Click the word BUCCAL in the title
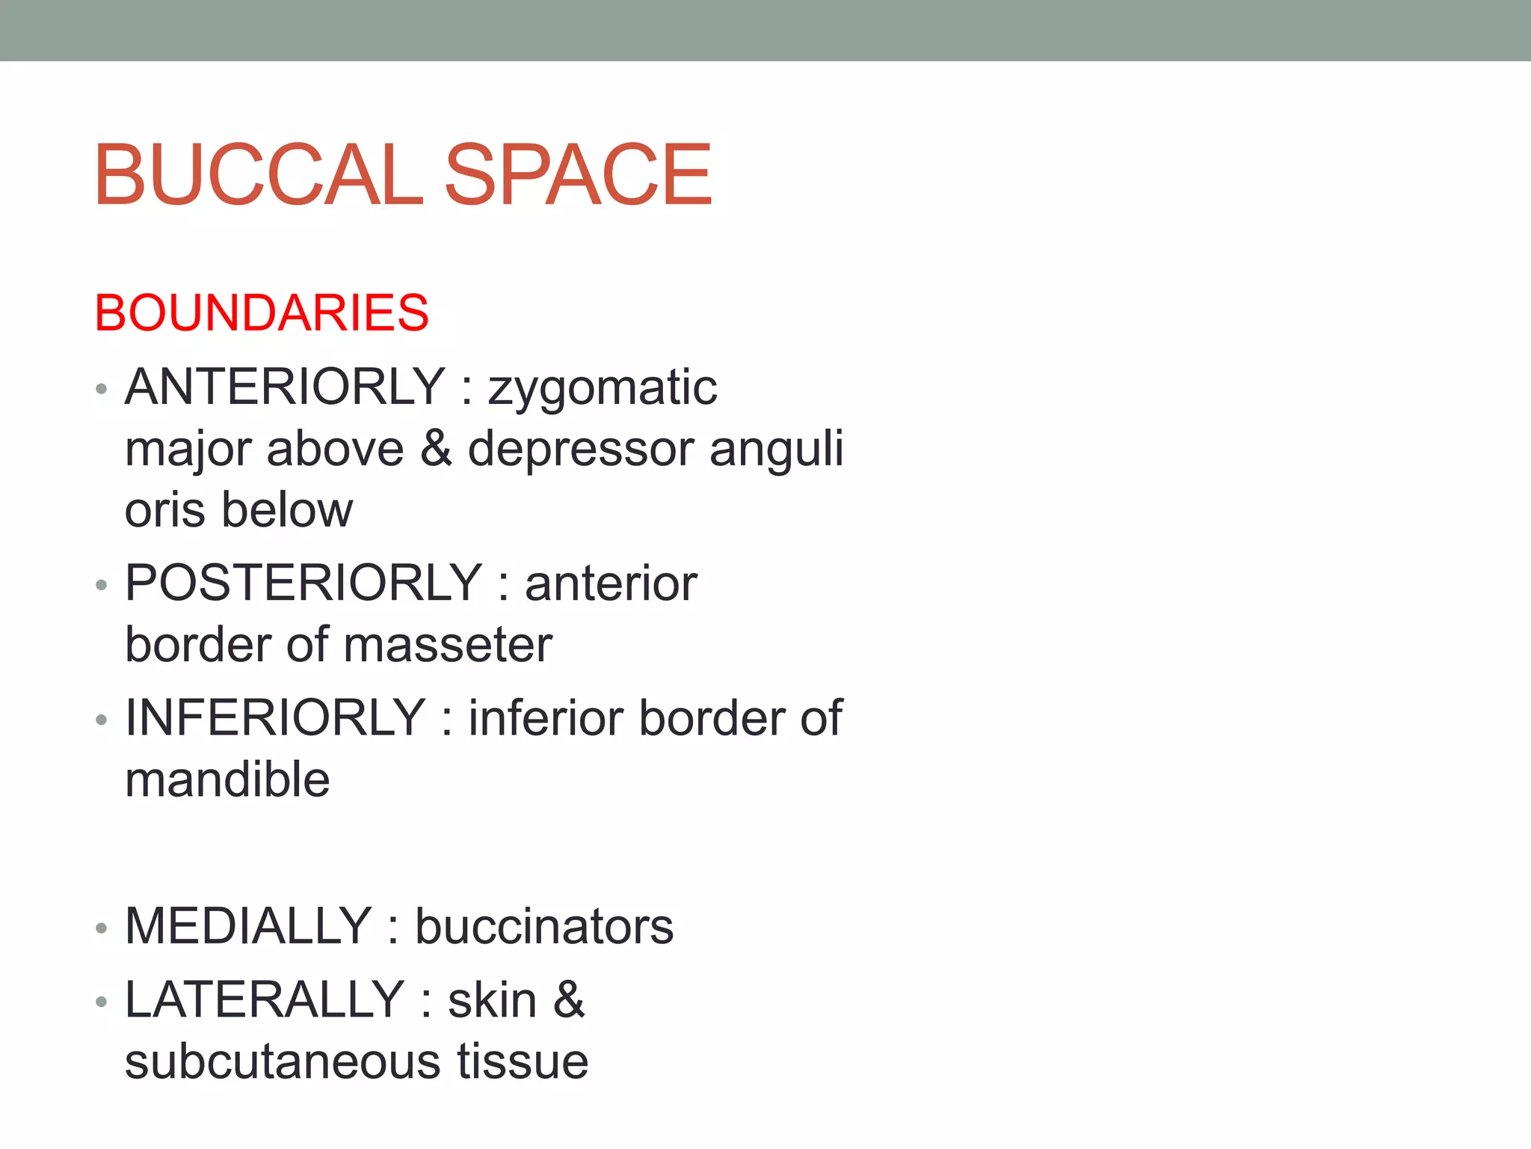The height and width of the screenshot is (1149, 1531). coord(258,176)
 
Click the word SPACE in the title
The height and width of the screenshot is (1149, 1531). coord(578,176)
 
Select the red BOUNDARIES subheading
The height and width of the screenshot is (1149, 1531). coord(262,313)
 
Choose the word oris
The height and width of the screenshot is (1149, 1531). coord(165,510)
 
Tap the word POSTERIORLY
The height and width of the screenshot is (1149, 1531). coord(304,583)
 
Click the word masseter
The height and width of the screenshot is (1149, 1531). coord(448,645)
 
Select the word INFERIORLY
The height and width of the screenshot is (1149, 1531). coord(275,718)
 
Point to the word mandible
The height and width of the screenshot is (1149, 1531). coord(227,779)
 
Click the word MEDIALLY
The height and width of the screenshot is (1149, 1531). coord(248,926)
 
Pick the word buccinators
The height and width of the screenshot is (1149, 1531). coord(544,927)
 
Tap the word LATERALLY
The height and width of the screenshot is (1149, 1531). coord(265,999)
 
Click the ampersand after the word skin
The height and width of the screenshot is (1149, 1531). coord(569,999)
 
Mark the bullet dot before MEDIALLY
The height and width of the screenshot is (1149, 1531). coord(102,928)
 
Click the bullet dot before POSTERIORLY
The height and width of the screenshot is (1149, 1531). coord(102,585)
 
